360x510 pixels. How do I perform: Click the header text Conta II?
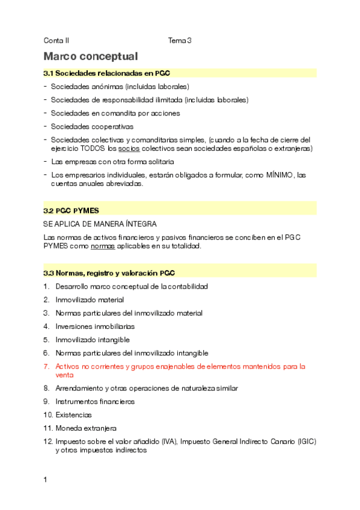tap(56, 41)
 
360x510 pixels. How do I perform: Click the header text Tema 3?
tap(180, 41)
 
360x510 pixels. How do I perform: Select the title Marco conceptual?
tap(91, 57)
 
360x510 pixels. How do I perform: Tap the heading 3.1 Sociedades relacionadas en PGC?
tap(107, 73)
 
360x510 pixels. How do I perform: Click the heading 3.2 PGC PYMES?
tap(71, 210)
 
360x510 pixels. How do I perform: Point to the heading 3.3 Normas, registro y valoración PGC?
tap(109, 273)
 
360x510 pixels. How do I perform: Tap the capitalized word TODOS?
tap(93, 148)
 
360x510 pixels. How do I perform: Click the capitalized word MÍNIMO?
tap(280, 175)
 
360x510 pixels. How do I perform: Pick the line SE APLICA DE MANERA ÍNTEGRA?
tap(100, 224)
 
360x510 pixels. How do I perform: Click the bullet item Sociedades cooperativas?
tap(92, 126)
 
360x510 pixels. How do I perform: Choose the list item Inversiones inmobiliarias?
tap(95, 326)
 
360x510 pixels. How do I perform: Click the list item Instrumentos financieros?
tap(95, 401)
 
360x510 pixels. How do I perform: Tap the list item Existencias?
tap(75, 415)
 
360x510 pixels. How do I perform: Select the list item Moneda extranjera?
tap(86, 428)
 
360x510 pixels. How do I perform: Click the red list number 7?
tap(46, 366)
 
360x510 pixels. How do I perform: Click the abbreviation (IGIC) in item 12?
tap(305, 441)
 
